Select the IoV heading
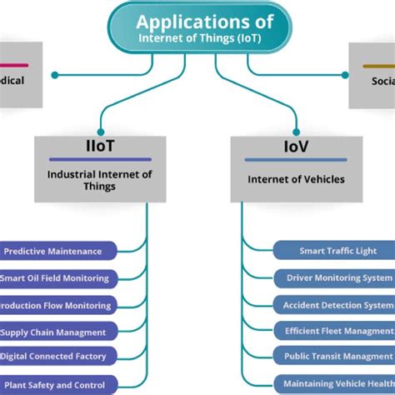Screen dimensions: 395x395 296,146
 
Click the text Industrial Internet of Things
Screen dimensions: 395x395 99,180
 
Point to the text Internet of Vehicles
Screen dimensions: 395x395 296,178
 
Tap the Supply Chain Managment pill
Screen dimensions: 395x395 58,332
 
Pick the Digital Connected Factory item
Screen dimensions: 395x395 58,357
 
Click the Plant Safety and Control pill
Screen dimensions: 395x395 58,384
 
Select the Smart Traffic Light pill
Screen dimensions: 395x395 337,251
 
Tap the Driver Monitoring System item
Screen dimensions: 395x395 337,277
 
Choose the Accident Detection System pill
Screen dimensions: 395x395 337,305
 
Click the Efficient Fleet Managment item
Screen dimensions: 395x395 337,332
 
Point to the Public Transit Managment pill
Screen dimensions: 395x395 337,357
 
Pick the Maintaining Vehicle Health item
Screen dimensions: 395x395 337,384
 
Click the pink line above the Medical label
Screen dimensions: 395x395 14,65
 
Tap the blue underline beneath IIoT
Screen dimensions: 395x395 99,159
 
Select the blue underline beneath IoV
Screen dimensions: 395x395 296,159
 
